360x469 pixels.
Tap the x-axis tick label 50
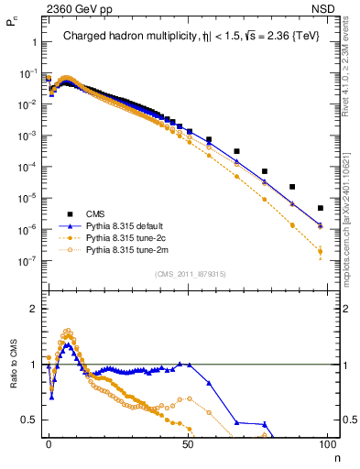188,442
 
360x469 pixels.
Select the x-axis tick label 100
327,442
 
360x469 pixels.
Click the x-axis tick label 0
49,442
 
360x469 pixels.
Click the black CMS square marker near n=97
320,208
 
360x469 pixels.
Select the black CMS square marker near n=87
292,187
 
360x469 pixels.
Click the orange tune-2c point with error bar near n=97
320,251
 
